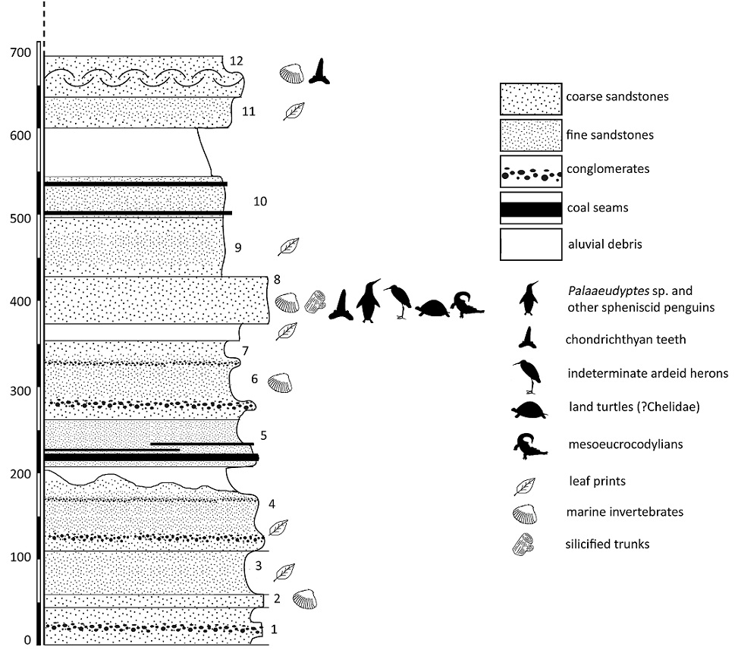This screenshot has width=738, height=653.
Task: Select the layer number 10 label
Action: pyautogui.click(x=260, y=202)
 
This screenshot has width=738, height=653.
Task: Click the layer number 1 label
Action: pyautogui.click(x=274, y=629)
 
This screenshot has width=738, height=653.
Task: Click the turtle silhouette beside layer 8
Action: pyautogui.click(x=429, y=307)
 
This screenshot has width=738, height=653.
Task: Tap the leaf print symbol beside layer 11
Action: pyautogui.click(x=294, y=111)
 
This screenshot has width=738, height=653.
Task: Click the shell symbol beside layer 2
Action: pyautogui.click(x=305, y=598)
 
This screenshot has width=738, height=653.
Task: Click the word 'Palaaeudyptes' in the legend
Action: pyautogui.click(x=598, y=290)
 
